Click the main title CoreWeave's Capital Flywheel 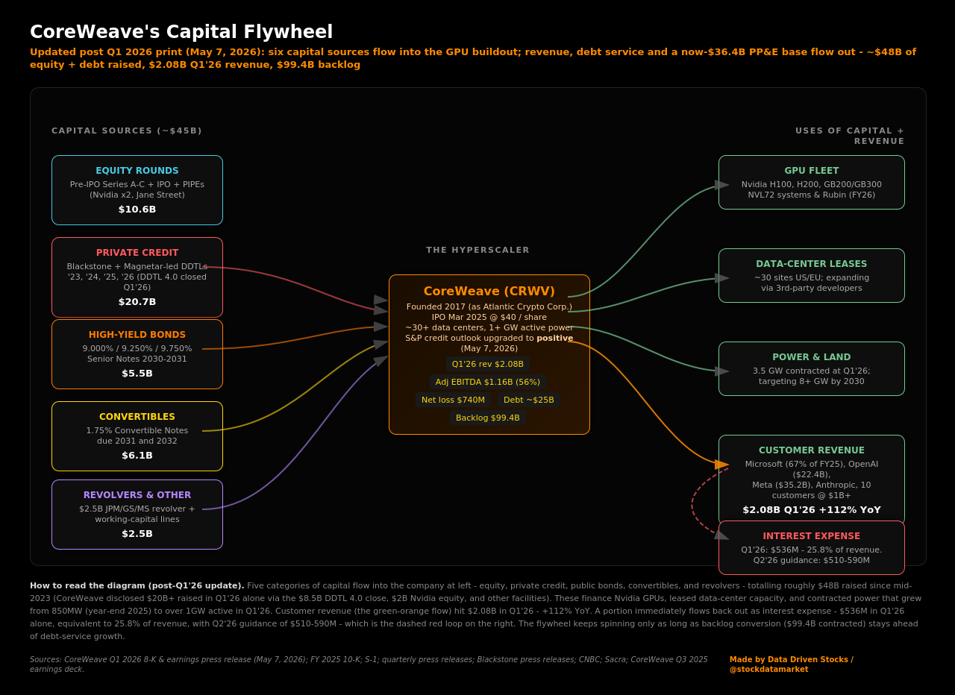click(x=181, y=32)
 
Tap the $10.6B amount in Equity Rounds click(x=137, y=210)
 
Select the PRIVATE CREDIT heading click(x=137, y=253)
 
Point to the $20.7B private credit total click(x=137, y=302)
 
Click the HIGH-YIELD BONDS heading click(x=137, y=335)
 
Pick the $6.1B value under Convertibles click(x=137, y=455)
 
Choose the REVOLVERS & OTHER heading click(x=137, y=494)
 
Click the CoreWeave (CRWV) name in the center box click(x=489, y=291)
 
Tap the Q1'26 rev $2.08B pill click(x=488, y=364)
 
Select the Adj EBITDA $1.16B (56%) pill click(x=488, y=382)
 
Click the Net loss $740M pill click(x=453, y=400)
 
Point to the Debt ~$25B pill click(x=529, y=400)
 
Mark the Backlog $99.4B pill click(x=488, y=418)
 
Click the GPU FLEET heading click(x=811, y=171)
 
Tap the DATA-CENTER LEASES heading click(x=811, y=264)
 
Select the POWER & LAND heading click(x=811, y=357)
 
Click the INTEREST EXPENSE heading click(x=811, y=536)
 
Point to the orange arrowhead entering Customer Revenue click(x=721, y=464)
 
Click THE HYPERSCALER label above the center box click(x=477, y=250)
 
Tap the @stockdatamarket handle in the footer click(x=768, y=669)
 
